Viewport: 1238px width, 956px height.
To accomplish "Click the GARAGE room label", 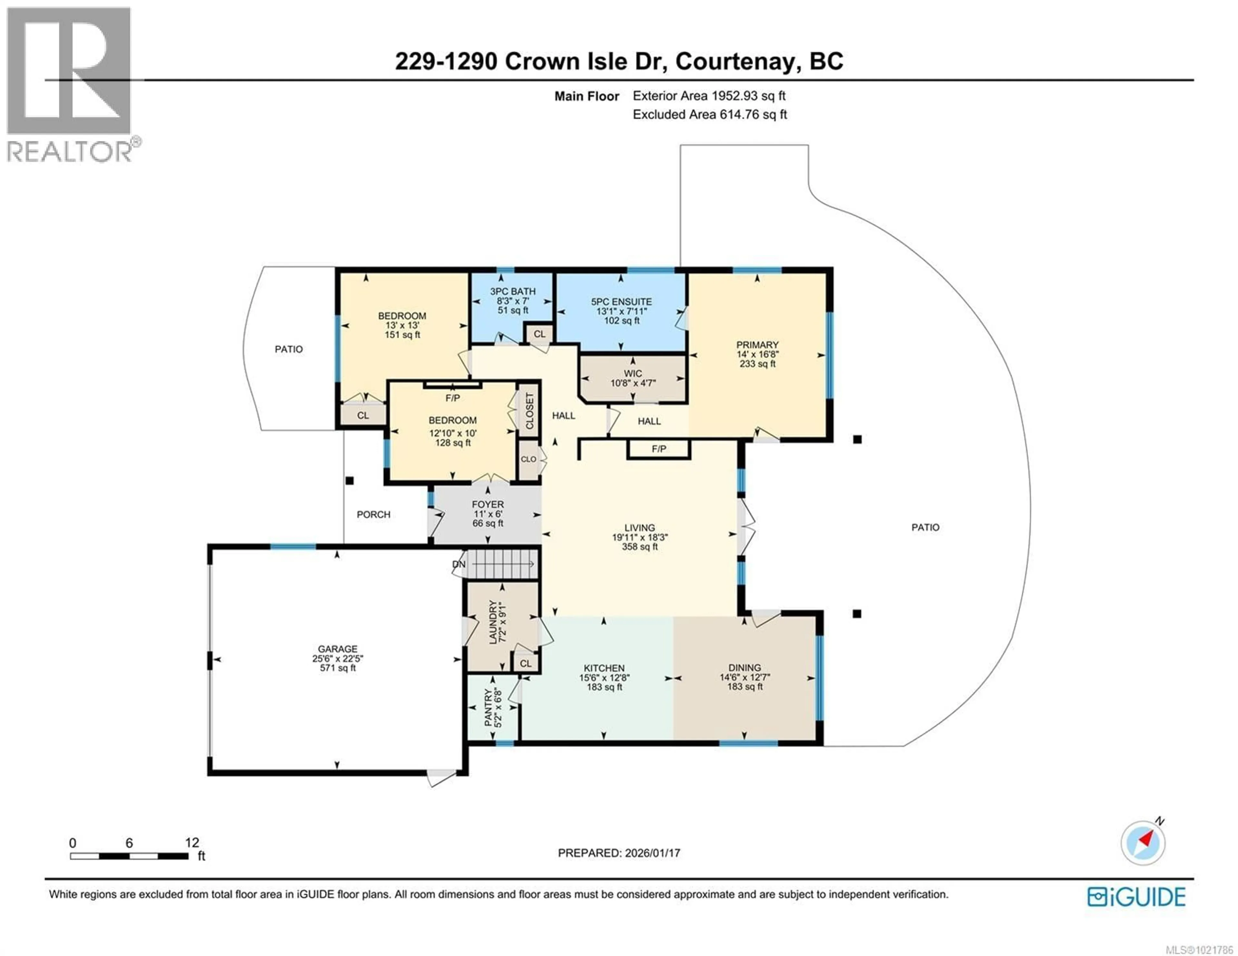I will [x=337, y=649].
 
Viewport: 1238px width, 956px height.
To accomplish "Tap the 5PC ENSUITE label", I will [x=621, y=302].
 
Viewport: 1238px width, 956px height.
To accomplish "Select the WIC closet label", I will [x=633, y=373].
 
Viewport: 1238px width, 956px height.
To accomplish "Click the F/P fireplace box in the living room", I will [x=659, y=449].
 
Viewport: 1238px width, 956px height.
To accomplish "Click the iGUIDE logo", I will [x=1136, y=897].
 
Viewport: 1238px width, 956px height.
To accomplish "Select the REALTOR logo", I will [x=69, y=85].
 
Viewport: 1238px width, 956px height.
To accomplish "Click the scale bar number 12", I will [x=192, y=843].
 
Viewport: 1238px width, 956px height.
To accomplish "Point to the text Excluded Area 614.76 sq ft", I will [x=710, y=114].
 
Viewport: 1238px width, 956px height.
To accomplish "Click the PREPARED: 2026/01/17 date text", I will [x=619, y=853].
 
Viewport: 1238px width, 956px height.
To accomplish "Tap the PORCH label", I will [x=374, y=515].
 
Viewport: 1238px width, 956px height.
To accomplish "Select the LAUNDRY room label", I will [x=493, y=622].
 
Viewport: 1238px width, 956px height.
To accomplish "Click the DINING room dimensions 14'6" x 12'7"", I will [x=744, y=677].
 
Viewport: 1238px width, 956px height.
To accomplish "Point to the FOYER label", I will [x=487, y=504].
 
